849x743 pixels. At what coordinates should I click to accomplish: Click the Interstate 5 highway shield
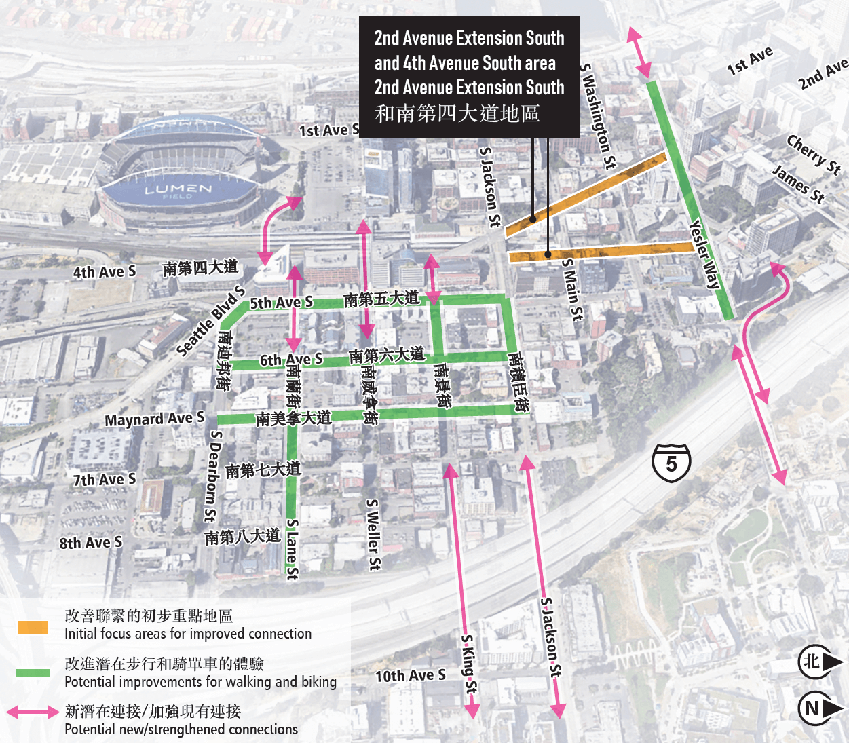[x=671, y=463]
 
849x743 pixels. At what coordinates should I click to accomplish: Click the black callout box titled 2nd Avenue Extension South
[x=469, y=77]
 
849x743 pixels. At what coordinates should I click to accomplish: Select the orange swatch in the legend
[x=33, y=627]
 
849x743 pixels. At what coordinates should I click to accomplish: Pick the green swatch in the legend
[x=33, y=672]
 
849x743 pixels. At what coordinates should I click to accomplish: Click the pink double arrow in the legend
[x=33, y=712]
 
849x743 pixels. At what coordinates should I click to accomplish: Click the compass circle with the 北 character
[x=812, y=662]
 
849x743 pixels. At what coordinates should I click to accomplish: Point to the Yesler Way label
[x=704, y=254]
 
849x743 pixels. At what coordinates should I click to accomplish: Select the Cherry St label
[x=814, y=154]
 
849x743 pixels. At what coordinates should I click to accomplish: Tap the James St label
[x=799, y=184]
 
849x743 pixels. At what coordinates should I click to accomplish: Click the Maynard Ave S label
[x=154, y=419]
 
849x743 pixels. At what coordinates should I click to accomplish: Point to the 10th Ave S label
[x=411, y=675]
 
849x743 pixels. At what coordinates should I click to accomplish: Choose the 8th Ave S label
[x=91, y=543]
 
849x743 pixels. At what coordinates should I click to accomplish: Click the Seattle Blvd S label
[x=210, y=320]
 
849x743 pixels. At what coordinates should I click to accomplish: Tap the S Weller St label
[x=373, y=535]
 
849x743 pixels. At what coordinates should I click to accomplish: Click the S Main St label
[x=572, y=289]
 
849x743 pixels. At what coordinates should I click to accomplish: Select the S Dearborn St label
[x=212, y=476]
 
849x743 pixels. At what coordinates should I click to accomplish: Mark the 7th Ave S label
[x=105, y=480]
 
